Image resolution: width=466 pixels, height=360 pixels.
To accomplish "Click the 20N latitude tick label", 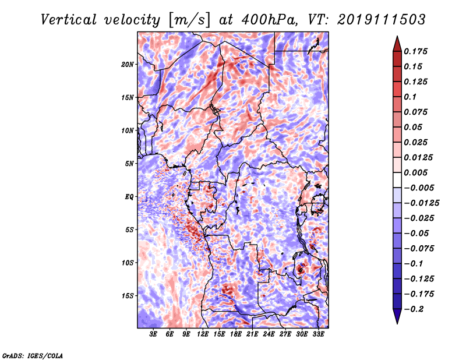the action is pos(128,65).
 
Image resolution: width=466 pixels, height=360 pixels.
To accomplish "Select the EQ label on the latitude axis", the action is pos(129,197).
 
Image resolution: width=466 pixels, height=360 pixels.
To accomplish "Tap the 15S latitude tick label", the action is pos(128,296).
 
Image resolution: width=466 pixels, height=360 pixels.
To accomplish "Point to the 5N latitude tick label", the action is pos(129,164).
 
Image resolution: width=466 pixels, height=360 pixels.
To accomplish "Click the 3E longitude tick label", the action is pos(153,334).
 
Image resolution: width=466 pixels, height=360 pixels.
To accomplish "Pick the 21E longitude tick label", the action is pos(252,334).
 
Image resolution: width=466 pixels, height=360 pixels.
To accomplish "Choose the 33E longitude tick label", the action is pos(318,334).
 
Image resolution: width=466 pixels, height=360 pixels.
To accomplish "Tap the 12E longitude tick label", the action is pos(203,334).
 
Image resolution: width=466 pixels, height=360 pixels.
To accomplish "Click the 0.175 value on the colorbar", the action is pos(415,51).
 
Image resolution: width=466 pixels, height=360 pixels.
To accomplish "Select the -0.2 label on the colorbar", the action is pos(414,309).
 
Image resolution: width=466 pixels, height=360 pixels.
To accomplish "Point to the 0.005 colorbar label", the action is pos(415,172).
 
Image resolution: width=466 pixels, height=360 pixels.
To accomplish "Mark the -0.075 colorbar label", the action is pos(419,249).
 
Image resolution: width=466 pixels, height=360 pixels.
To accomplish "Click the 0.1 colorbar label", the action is pos(410,97).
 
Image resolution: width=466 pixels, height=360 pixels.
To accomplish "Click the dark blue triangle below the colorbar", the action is pos(397,316).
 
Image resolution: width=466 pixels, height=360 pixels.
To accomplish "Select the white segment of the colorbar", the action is pos(397,180).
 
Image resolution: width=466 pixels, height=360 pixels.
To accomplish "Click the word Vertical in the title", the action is pos(69,20).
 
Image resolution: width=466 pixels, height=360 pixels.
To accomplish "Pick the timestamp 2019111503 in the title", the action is pos(382,20).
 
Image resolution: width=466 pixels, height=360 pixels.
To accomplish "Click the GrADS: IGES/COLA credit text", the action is pos(33,355).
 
